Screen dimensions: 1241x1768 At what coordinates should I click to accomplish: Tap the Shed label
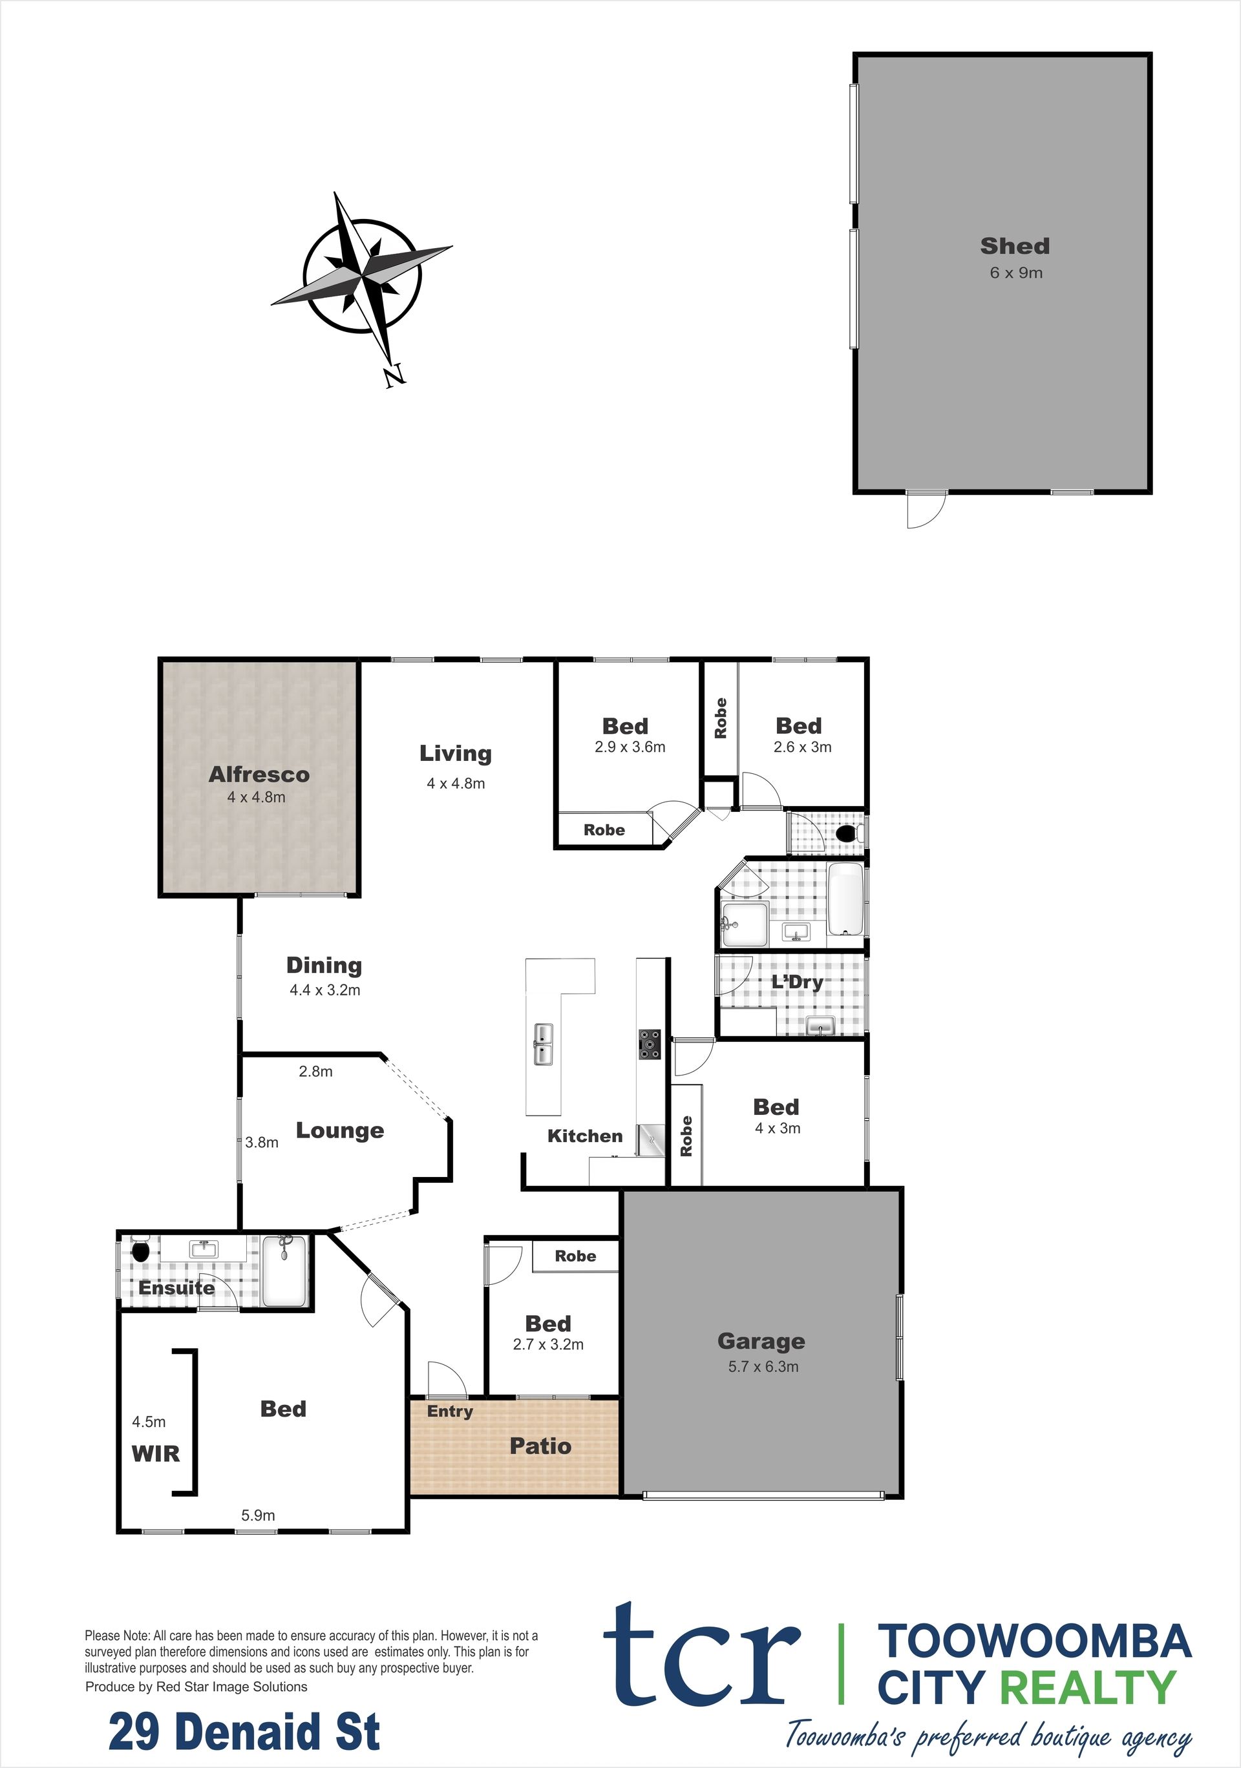[1015, 246]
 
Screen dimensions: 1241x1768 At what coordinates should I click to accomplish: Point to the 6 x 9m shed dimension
[1016, 273]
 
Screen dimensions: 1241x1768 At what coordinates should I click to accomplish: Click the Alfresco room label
[259, 775]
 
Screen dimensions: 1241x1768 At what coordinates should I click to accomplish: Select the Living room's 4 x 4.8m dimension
[456, 783]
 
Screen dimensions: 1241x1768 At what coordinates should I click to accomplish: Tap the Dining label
[324, 966]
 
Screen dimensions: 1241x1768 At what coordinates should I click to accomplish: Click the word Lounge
[340, 1130]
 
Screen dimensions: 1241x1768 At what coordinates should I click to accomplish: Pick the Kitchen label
[585, 1136]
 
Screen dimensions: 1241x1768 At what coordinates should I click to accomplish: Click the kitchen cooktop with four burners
[650, 1045]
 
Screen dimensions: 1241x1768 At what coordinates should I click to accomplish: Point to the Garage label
[761, 1342]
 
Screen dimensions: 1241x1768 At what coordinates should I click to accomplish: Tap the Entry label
[450, 1411]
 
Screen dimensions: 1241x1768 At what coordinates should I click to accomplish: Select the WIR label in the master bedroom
[156, 1454]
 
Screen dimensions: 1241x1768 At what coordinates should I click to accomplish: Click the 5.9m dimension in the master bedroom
[258, 1515]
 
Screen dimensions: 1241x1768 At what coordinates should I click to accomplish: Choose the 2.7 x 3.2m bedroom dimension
[549, 1344]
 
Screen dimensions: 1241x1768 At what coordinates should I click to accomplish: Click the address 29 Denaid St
[244, 1732]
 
